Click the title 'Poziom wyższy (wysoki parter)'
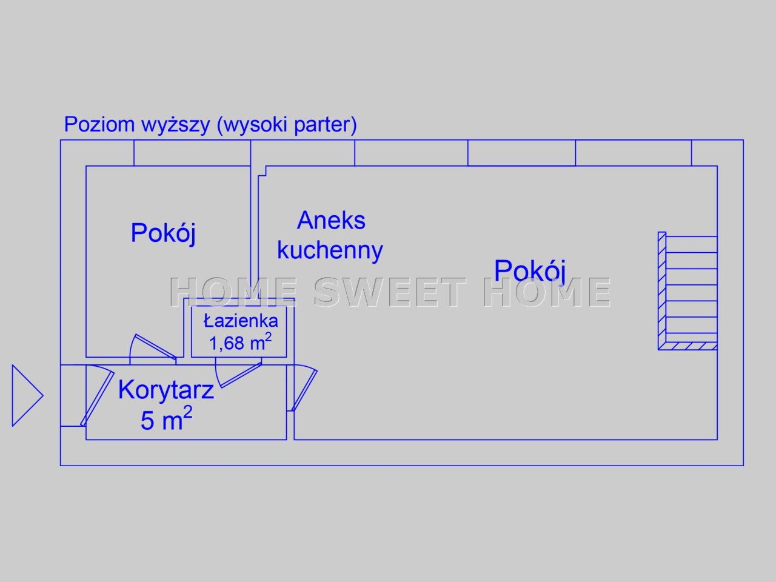coord(210,125)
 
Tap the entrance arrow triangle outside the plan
coord(27,395)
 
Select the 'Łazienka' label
coord(241,321)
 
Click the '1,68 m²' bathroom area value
coord(241,342)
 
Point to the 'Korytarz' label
coord(166,390)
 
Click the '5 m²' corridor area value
coord(166,418)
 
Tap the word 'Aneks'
coord(331,221)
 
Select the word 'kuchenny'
coord(330,250)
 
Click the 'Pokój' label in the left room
coord(163,233)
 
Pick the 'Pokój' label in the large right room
coord(530,271)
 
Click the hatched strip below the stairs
coord(687,346)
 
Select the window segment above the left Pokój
coord(192,153)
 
